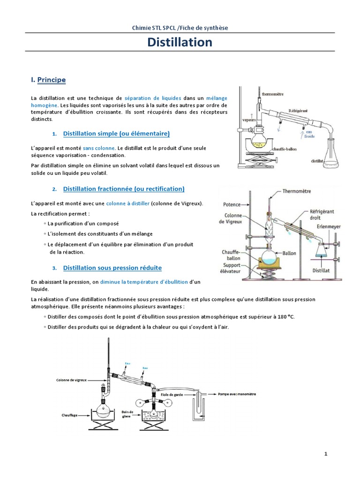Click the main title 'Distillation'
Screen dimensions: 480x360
click(x=180, y=43)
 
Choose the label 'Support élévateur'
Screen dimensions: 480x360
click(x=232, y=268)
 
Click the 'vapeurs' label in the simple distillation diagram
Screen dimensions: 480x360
click(x=248, y=120)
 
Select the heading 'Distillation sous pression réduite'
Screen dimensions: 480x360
click(x=112, y=268)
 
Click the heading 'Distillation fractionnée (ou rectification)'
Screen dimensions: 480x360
click(x=124, y=189)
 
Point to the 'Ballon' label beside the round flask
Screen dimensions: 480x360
click(x=289, y=253)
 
